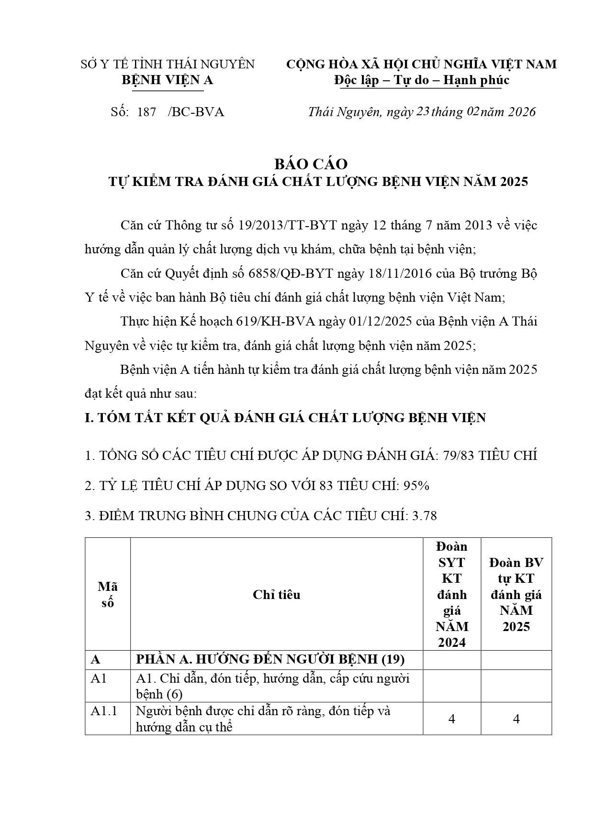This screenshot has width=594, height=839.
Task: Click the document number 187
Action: coord(146,112)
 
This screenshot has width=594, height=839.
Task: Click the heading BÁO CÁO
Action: coord(311,164)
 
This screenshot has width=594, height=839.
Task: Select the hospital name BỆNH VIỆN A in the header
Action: coord(167,80)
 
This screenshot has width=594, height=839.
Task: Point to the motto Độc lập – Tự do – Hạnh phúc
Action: coord(421,80)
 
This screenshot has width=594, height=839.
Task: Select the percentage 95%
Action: coord(416,486)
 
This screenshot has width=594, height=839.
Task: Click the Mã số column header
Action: coord(108,594)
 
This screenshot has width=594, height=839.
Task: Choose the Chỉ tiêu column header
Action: coord(277,594)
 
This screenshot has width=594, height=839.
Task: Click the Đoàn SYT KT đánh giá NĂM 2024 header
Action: coord(452,594)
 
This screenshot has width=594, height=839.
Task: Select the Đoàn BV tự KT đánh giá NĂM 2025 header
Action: coord(516,594)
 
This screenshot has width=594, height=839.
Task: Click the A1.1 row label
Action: coord(104,711)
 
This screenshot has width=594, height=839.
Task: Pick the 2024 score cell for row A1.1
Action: coord(452,719)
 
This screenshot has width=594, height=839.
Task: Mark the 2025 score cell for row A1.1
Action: coord(516,719)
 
